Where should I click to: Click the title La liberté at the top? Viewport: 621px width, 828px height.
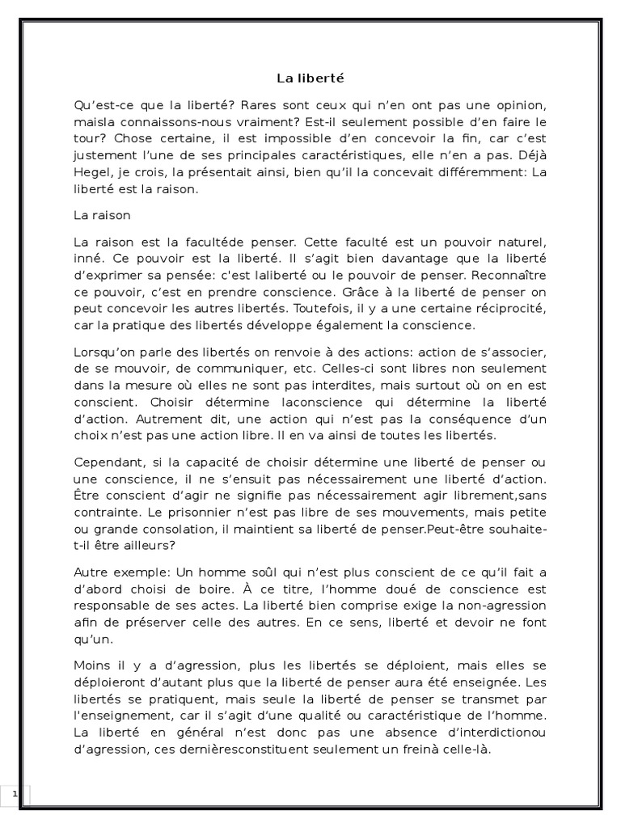pyautogui.click(x=310, y=78)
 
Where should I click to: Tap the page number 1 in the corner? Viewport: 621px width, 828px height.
pyautogui.click(x=15, y=795)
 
